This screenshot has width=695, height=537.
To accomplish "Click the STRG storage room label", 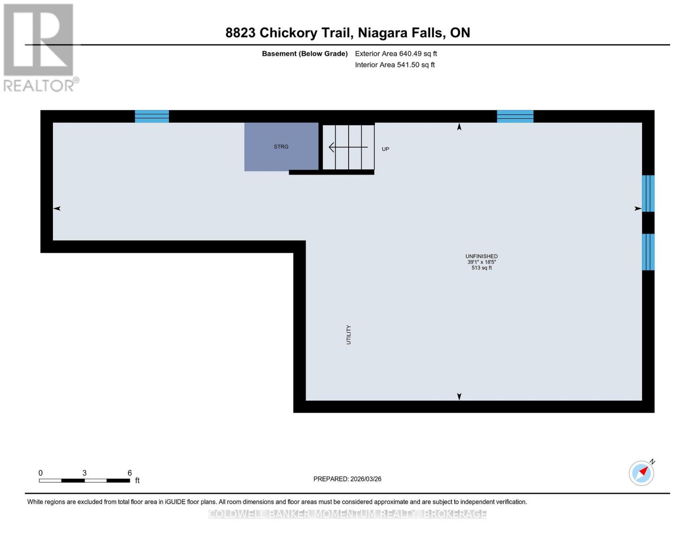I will click(x=281, y=147).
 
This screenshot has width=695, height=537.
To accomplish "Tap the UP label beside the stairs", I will click(x=385, y=149).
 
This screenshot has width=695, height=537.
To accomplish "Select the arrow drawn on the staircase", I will click(x=348, y=147).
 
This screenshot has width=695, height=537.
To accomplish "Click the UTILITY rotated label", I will click(x=349, y=335).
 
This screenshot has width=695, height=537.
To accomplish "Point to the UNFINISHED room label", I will click(x=482, y=256).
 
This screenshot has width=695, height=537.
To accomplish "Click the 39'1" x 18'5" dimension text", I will click(x=482, y=262).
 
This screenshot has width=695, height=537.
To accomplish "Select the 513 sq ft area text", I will click(x=482, y=268).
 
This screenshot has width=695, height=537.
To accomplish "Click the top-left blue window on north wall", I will click(x=152, y=116).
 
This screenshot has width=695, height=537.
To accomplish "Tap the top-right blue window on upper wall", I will click(x=515, y=116).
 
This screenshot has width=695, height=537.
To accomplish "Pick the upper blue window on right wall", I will click(x=648, y=193).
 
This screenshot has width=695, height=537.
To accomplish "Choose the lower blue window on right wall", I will click(x=648, y=252).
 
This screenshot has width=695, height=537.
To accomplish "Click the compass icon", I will click(x=641, y=473).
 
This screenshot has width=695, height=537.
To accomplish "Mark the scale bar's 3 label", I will click(x=85, y=473).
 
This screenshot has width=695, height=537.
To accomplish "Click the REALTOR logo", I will click(x=39, y=47).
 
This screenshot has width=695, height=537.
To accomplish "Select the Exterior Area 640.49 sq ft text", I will click(x=396, y=54).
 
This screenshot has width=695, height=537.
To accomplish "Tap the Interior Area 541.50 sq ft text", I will click(x=395, y=65).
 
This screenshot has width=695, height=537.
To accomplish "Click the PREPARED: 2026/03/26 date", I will click(x=347, y=479).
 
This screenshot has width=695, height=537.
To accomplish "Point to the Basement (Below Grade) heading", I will click(x=305, y=54).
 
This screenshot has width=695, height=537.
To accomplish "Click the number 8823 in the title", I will click(x=240, y=33).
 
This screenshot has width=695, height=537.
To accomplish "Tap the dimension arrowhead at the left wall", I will click(x=57, y=209).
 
